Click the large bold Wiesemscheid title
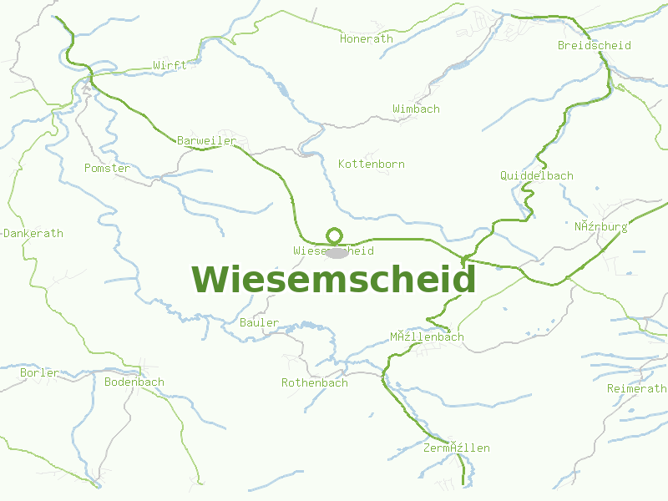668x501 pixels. [x=334, y=280]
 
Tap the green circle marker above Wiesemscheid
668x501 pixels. [x=334, y=235]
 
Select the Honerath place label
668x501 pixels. [x=366, y=38]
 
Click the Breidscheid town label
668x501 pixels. [x=594, y=45]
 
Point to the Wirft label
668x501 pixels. [x=170, y=65]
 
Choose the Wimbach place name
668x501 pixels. [x=416, y=109]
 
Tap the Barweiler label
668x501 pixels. [x=206, y=140]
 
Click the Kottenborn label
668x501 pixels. [x=371, y=164]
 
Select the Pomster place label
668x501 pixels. [x=107, y=168]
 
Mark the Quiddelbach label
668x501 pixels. [x=536, y=175]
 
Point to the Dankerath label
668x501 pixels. [x=33, y=233]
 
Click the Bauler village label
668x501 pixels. [x=259, y=322]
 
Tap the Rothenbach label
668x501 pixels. [x=314, y=382]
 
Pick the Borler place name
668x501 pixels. [x=39, y=372]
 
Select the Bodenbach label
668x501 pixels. [x=134, y=382]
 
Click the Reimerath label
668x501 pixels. [x=636, y=388]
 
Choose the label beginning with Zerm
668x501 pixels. [x=456, y=448]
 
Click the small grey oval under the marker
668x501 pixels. [x=336, y=252]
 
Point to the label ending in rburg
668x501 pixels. [x=600, y=226]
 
